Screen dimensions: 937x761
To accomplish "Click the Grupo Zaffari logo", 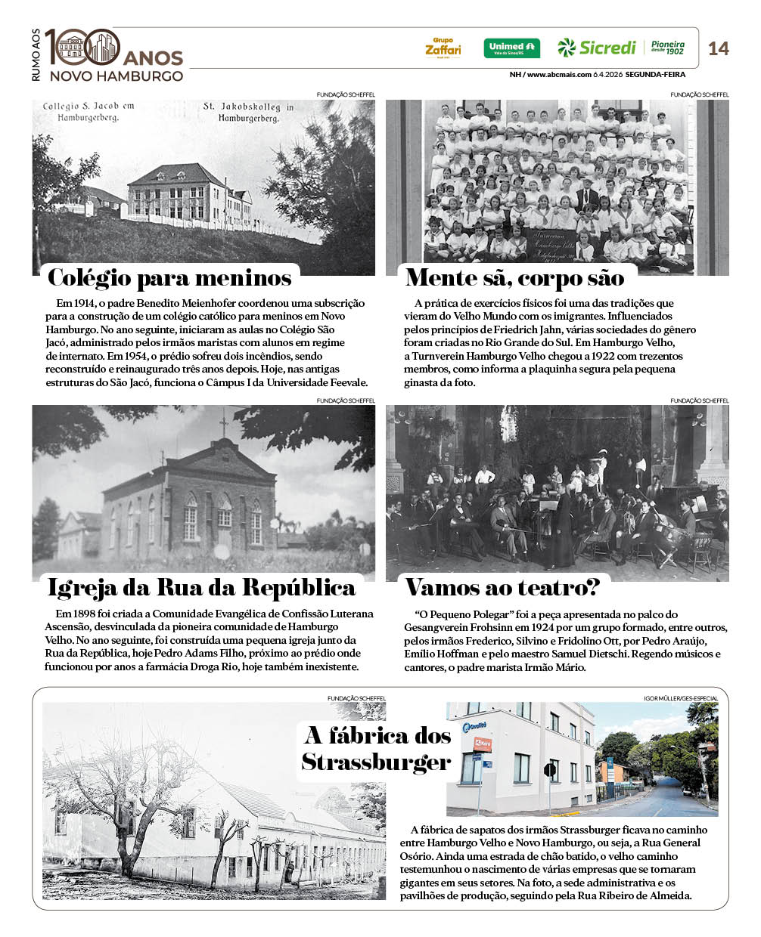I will pos(443,48).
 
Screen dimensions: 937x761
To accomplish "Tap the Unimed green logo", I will pos(511,48).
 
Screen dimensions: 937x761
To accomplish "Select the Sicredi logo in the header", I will pos(598,48).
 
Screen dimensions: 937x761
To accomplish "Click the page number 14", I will pos(718,48).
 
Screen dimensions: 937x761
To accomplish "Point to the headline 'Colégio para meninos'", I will pos(169,278).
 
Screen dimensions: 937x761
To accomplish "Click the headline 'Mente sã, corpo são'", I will pos(514,278).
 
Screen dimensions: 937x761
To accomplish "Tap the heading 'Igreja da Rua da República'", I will pos(201,588).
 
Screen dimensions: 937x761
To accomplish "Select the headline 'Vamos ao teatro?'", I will pos(502,587).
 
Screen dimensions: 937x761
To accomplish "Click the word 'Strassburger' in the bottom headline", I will pos(376,762).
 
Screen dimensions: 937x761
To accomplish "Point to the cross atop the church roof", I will pos(223,425).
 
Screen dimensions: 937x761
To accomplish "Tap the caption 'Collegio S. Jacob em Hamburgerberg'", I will pos(88,112).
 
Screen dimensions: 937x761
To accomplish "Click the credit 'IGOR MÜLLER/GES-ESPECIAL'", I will pos(681,698).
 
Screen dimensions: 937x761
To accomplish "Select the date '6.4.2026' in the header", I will pos(608,75).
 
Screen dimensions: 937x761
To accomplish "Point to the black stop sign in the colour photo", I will pos(550,770).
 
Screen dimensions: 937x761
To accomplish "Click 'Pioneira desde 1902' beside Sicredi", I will pos(668,48).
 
